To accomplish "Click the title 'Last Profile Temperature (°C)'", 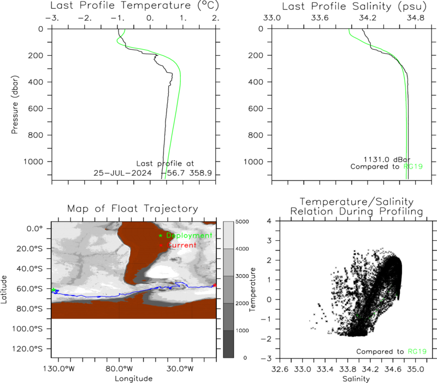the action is (x=134, y=5).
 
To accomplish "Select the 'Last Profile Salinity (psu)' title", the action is (x=354, y=6).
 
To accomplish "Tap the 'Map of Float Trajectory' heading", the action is (x=133, y=208).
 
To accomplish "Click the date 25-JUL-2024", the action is (x=122, y=173).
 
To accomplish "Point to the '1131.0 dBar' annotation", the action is (x=387, y=159).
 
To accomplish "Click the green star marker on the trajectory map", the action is (x=54, y=290).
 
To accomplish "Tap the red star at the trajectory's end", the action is (x=215, y=285).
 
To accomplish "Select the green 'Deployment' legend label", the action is (x=189, y=236).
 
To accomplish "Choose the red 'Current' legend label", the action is (x=181, y=245).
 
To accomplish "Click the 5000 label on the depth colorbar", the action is (x=242, y=222).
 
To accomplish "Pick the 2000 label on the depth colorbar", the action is (x=242, y=303).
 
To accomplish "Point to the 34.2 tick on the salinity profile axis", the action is (x=367, y=18).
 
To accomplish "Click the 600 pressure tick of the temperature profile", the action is (x=36, y=108).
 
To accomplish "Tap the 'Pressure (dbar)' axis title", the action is (x=15, y=105).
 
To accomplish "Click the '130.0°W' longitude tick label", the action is (x=59, y=369).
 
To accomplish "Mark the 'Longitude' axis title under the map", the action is (x=133, y=379).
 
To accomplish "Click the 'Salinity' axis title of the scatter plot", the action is (x=356, y=379).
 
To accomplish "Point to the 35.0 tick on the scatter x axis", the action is (x=416, y=369).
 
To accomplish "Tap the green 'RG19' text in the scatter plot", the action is (x=417, y=351).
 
